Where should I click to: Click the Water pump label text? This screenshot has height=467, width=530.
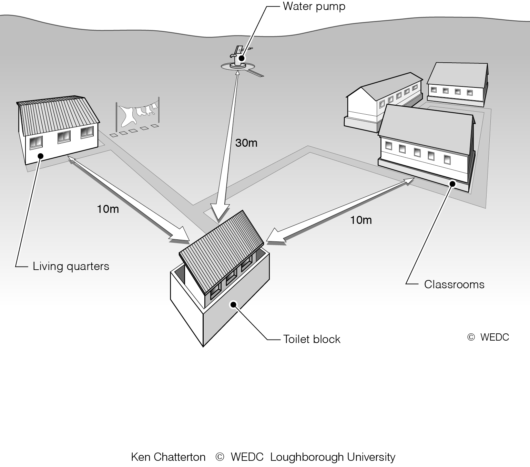(x=314, y=7)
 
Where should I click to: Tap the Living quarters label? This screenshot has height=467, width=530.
(x=71, y=266)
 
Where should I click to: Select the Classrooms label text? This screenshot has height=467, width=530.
(x=454, y=284)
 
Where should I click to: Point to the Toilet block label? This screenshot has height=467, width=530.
(x=312, y=339)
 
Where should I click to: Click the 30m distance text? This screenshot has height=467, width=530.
(x=246, y=143)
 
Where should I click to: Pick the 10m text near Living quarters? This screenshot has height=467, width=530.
(x=108, y=209)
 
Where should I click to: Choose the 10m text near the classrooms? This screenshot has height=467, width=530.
(x=361, y=220)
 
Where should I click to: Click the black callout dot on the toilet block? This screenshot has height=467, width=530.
(x=233, y=304)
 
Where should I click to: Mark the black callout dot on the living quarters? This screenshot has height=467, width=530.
(x=40, y=156)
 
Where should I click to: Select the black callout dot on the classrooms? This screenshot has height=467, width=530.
(x=452, y=184)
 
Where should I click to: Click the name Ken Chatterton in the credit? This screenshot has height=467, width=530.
(x=168, y=457)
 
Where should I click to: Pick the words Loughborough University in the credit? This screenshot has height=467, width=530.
(x=333, y=457)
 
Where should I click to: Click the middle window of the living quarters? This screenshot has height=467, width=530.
(x=64, y=137)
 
